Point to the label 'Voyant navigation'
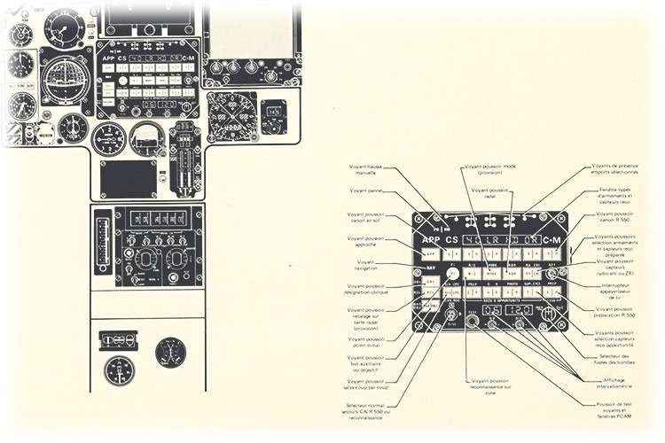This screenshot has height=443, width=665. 365,265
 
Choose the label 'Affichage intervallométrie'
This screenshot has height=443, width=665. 613,382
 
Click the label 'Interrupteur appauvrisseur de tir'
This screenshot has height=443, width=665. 614,291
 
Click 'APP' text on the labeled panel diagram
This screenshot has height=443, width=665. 432,240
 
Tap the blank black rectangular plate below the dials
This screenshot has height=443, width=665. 129,178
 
